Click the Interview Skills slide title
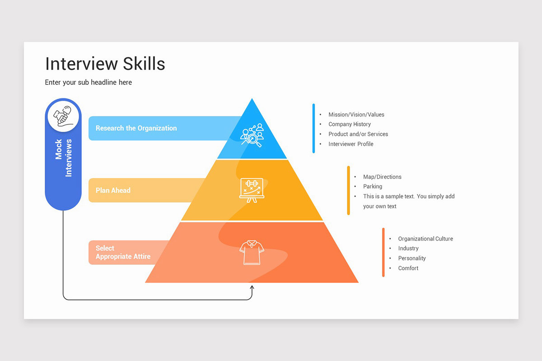point(105,64)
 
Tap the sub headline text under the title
point(89,82)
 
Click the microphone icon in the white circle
point(63,116)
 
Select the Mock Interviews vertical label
point(63,157)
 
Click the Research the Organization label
point(136,128)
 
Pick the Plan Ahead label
point(113,190)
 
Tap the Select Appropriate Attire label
point(123,252)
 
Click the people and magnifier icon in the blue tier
point(252,134)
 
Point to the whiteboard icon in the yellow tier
point(251,190)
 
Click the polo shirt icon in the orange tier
point(252,252)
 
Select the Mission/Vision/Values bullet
point(356,115)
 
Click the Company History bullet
point(350,124)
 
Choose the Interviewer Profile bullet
point(351,144)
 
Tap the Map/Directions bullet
point(382,177)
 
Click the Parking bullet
point(373,186)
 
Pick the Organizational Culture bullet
point(425,239)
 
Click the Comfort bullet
point(408,268)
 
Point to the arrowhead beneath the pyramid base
point(252,287)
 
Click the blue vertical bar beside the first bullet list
point(313,129)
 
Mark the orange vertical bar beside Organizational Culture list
point(383,252)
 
